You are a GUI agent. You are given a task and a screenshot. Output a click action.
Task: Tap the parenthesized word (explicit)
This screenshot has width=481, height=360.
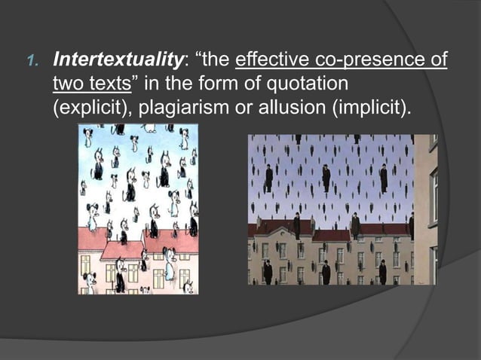coord(88,107)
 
